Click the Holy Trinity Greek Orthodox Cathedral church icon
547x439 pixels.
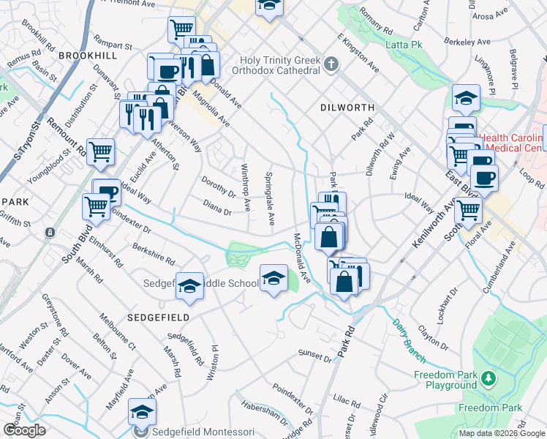(331, 64)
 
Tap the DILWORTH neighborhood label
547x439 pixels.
(347, 108)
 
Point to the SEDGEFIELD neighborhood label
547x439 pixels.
(158, 318)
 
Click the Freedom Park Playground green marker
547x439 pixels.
(488, 378)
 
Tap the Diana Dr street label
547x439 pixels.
(217, 209)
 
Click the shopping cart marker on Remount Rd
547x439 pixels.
(100, 152)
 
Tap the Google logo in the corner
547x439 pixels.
(25, 430)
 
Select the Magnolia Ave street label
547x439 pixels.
(211, 110)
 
